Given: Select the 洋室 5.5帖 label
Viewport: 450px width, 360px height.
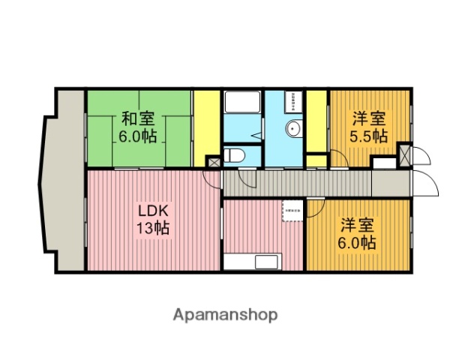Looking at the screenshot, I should pyautogui.click(x=369, y=127).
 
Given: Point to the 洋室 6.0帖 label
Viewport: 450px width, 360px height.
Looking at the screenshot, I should pyautogui.click(x=358, y=233).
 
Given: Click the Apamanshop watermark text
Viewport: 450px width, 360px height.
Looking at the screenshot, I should pyautogui.click(x=226, y=315).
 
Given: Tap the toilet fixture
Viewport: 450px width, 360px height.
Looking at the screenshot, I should pyautogui.click(x=235, y=156).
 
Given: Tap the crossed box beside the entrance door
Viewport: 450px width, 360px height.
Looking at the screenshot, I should pyautogui.click(x=406, y=155).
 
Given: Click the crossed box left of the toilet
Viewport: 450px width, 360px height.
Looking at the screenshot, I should pyautogui.click(x=214, y=162).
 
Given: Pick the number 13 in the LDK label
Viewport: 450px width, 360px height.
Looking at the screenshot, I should pyautogui.click(x=144, y=228).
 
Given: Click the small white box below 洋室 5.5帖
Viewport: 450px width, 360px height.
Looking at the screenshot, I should pyautogui.click(x=383, y=162).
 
